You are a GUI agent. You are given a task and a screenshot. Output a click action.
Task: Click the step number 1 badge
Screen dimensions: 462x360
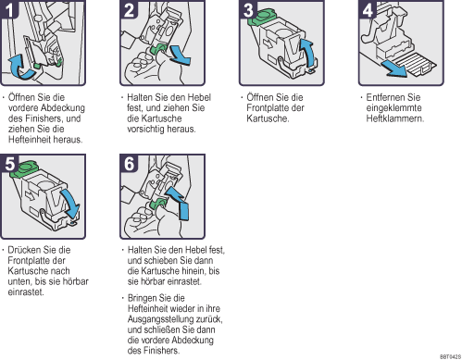coord(9,9)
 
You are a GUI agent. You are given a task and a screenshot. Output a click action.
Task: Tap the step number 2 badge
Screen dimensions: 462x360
coord(129,9)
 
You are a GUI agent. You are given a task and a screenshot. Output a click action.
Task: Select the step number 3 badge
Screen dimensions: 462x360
coord(248,9)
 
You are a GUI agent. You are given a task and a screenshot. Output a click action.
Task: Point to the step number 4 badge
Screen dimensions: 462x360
coord(368,9)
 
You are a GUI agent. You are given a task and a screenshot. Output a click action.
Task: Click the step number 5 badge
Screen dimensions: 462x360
coord(9,163)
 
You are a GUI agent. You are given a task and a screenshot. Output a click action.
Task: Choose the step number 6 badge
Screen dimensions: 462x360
coord(129,163)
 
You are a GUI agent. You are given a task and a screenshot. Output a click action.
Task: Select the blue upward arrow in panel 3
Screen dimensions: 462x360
coord(309,53)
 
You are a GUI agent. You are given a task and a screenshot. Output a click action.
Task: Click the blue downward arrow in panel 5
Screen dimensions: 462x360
coord(69,203)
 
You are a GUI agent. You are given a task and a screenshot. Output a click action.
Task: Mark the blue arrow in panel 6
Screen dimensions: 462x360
coord(179,203)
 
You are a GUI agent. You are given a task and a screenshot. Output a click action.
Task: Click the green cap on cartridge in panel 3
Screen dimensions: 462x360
coord(261,18)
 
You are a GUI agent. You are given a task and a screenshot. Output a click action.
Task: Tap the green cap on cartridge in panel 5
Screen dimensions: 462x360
coord(24,169)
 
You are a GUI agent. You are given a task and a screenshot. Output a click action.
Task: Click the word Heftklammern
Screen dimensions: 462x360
coord(395,118)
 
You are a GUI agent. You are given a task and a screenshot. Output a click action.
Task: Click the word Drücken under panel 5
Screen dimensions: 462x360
coord(24,250)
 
